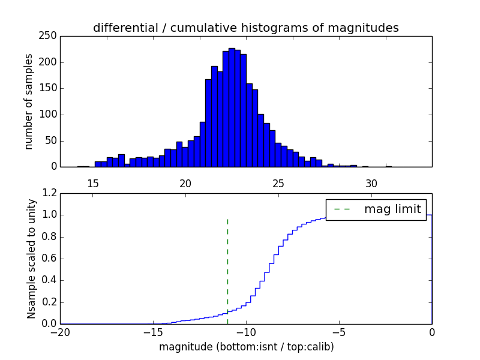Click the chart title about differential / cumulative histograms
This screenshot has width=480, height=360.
pos(245,28)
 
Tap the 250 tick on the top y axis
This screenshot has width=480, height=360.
pos(50,36)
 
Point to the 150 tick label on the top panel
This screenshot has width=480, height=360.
pos(50,88)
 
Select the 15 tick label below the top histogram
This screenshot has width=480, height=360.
pos(92,183)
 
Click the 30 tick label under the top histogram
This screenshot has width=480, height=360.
pos(371,183)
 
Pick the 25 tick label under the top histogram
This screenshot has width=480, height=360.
pos(278,183)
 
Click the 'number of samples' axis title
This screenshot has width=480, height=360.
pos(29,101)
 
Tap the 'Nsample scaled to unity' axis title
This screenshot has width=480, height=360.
pos(31,259)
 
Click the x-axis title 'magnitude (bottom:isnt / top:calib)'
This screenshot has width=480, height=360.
pos(246,347)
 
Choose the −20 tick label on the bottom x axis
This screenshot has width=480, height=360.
pos(61,332)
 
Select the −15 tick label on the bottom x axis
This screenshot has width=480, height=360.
pos(153,332)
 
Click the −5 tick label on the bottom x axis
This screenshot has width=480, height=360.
pos(339,332)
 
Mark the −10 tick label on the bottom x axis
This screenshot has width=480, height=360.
pos(246,332)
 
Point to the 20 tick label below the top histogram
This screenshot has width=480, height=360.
pos(185,183)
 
